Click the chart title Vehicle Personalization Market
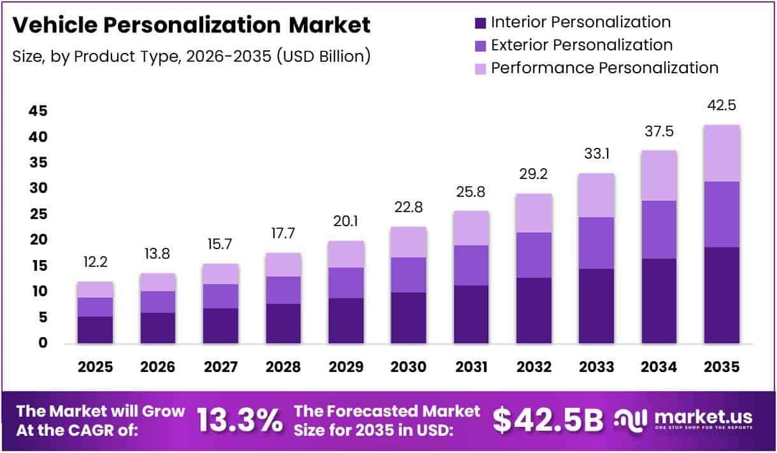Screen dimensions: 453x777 (191, 25)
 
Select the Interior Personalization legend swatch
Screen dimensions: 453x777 (480, 23)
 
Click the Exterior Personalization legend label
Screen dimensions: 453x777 (581, 45)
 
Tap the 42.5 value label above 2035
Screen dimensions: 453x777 (722, 106)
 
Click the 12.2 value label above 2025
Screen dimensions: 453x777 (95, 262)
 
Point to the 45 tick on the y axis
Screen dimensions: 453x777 (38, 111)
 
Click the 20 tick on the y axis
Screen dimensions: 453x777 (38, 240)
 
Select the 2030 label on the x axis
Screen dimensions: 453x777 (408, 367)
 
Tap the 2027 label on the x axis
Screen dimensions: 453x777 (220, 367)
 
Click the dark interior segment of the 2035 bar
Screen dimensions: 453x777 (722, 295)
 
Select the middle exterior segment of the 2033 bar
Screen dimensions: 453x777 (596, 243)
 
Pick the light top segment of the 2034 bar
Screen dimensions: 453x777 (659, 175)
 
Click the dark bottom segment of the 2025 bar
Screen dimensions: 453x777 (95, 330)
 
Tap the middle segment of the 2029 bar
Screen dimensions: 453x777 (346, 283)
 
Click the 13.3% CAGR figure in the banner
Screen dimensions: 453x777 (239, 421)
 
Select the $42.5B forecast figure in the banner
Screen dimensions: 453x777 (548, 421)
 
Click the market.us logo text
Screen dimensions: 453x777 (703, 417)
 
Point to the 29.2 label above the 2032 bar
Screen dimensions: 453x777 (534, 175)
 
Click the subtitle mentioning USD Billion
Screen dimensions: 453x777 (191, 55)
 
